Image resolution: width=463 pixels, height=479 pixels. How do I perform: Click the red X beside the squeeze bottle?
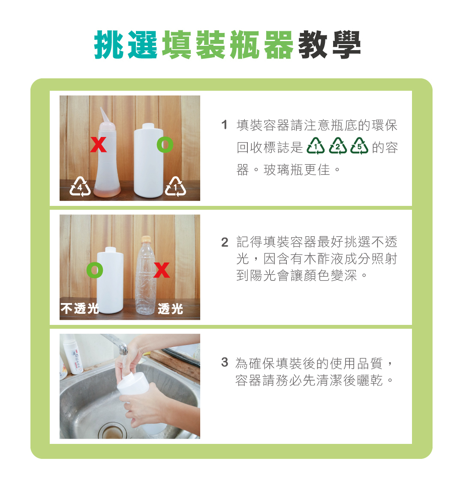[x=98, y=145]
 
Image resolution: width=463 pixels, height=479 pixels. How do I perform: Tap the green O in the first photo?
[x=165, y=145]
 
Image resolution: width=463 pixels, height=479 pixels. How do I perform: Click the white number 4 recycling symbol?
[x=80, y=186]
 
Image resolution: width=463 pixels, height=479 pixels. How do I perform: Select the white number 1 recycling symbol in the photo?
[x=175, y=186]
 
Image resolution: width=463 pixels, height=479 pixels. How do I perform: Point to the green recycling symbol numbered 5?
[x=359, y=146]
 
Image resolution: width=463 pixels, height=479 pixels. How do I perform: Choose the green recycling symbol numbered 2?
[x=337, y=146]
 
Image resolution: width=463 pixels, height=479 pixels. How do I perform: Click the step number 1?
[x=224, y=125]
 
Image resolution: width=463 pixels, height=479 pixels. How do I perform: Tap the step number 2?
[x=225, y=242]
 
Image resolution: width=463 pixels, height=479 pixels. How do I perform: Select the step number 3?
[x=225, y=362]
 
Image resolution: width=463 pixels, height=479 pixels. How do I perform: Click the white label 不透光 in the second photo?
[x=80, y=309]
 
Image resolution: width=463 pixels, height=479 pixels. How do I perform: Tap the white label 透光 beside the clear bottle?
[x=171, y=309]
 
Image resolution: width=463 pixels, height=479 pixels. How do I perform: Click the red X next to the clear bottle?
[x=162, y=270]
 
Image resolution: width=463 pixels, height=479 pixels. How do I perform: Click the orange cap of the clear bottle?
[x=146, y=239]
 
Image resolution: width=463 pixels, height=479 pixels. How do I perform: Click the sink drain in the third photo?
[x=112, y=431]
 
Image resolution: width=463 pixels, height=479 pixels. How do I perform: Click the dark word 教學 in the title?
[x=330, y=45]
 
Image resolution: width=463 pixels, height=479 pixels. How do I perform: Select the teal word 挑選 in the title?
[x=126, y=45]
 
